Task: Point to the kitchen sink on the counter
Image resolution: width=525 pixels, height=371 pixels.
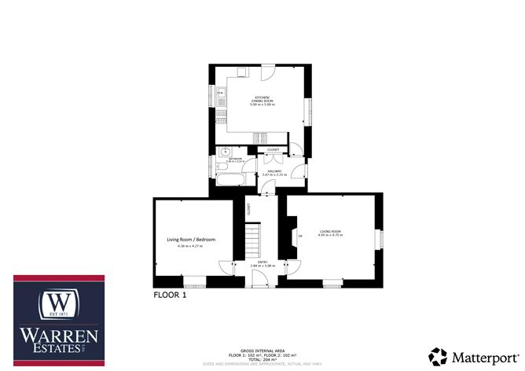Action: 221,100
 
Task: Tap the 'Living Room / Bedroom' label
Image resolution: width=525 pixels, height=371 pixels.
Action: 191,239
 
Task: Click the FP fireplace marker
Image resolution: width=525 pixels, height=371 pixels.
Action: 299,234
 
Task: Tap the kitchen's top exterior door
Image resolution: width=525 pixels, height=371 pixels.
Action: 267,72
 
